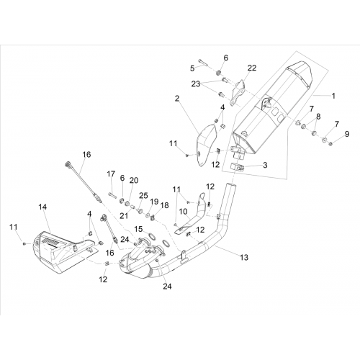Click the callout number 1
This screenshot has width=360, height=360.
pyautogui.click(x=333, y=96)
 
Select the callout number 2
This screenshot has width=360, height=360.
pyautogui.click(x=177, y=99)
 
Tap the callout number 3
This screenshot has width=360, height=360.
pyautogui.click(x=265, y=165)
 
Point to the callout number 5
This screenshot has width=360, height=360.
pyautogui.click(x=192, y=68)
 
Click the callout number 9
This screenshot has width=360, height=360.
pyautogui.click(x=347, y=134)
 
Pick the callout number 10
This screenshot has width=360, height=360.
pyautogui.click(x=183, y=212)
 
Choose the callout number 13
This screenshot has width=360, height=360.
pyautogui.click(x=244, y=258)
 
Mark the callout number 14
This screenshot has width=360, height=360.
pyautogui.click(x=42, y=207)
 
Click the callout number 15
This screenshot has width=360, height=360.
pyautogui.click(x=138, y=229)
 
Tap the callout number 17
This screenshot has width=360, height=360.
pyautogui.click(x=111, y=174)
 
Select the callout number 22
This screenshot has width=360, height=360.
pyautogui.click(x=252, y=68)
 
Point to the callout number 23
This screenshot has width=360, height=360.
pyautogui.click(x=196, y=84)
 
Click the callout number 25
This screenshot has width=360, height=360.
pyautogui.click(x=143, y=195)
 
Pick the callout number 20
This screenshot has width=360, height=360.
pyautogui.click(x=134, y=180)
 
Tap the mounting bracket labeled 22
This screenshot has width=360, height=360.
pyautogui.click(x=238, y=94)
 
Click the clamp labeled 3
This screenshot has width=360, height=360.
pyautogui.click(x=238, y=168)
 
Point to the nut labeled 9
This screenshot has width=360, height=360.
pyautogui.click(x=330, y=144)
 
